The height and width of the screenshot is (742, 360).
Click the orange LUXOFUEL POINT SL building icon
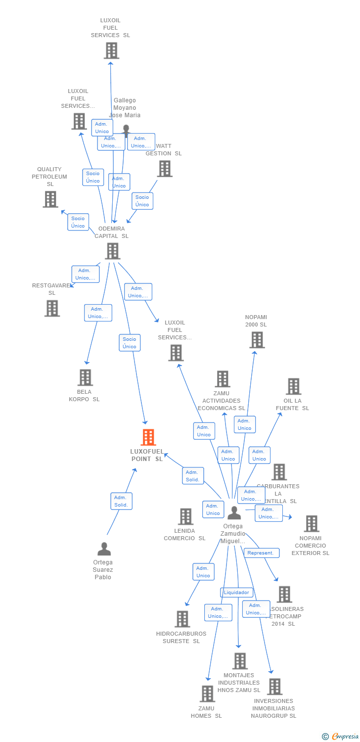point(148,437)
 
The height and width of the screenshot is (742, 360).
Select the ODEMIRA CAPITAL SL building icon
point(113,251)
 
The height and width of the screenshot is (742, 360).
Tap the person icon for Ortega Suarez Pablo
point(104,549)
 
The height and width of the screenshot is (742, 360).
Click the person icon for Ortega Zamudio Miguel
point(234,513)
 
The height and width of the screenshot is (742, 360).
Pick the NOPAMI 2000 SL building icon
point(257,340)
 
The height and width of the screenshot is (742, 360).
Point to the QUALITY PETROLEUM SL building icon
point(50,199)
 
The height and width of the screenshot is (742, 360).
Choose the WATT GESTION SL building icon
point(165,169)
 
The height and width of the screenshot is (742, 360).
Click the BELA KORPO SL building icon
point(85,377)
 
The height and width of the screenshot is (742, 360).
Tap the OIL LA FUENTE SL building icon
point(293,386)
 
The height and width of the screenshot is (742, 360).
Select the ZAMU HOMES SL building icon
point(207,694)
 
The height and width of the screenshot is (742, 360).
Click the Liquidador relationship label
point(237,592)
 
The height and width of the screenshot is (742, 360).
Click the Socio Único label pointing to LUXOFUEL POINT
point(130,343)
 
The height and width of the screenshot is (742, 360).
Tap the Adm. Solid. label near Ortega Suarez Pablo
point(121,501)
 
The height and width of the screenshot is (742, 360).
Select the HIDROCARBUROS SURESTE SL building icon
point(182,619)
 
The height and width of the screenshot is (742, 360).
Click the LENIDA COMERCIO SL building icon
point(185,516)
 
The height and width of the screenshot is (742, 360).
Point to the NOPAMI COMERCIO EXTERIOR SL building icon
point(311,523)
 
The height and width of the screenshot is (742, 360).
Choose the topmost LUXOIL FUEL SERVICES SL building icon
point(112,50)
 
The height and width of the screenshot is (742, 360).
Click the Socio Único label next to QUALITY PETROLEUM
point(78,222)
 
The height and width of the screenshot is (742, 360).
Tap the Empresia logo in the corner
point(339,737)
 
